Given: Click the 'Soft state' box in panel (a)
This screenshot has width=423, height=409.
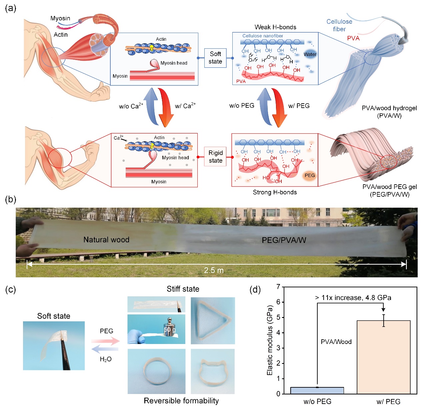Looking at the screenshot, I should [x=215, y=58].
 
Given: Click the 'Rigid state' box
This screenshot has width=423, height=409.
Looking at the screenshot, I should [x=215, y=157].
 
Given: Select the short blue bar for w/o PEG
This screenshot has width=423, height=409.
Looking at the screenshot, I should [x=317, y=390].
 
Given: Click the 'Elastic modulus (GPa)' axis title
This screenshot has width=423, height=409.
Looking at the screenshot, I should [x=270, y=340].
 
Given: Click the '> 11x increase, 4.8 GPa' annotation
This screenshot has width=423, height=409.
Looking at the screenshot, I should [x=353, y=298].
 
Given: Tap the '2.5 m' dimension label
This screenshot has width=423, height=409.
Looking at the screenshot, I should [x=214, y=270].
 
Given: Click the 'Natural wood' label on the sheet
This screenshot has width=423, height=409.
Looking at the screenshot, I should [x=106, y=240].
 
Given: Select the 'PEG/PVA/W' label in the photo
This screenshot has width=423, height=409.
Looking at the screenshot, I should [x=284, y=240].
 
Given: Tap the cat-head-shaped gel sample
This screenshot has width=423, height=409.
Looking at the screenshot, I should [x=212, y=372].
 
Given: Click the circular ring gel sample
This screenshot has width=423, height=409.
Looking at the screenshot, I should [x=156, y=371].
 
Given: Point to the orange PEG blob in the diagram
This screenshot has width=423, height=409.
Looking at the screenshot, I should [x=309, y=176].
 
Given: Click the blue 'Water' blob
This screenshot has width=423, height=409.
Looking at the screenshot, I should [x=310, y=54].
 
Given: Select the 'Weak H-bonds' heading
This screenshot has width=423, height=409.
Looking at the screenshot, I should [x=275, y=27].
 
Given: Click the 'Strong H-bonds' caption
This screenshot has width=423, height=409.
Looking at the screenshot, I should [x=275, y=192].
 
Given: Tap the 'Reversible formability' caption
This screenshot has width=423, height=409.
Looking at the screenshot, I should [x=181, y=401].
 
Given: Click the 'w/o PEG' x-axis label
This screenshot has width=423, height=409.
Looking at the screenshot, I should [x=317, y=402].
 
